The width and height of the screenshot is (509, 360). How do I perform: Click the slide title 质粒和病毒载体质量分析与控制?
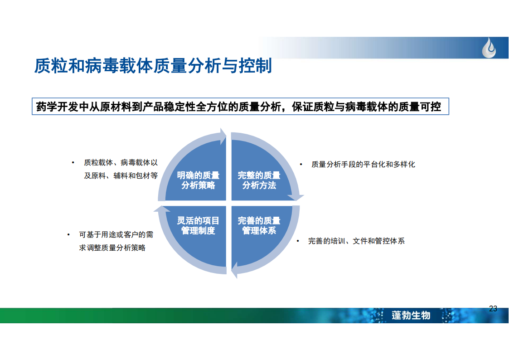click(x=153, y=66)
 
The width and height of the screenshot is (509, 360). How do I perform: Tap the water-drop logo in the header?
click(x=489, y=48)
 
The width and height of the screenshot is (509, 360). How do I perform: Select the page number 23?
click(x=493, y=309)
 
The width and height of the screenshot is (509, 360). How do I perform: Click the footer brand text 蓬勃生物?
click(x=411, y=315)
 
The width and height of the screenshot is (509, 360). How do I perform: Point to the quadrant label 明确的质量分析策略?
click(x=198, y=180)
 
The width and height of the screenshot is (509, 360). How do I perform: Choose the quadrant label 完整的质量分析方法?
click(x=259, y=180)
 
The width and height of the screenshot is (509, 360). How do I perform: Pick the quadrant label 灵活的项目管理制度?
click(x=198, y=226)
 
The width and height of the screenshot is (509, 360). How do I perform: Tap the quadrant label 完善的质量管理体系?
click(x=259, y=226)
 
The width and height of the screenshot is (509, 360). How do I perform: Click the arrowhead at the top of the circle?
click(x=223, y=136)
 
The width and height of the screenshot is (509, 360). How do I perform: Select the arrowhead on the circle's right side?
click(x=296, y=197)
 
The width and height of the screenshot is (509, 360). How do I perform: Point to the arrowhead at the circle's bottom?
click(x=234, y=270)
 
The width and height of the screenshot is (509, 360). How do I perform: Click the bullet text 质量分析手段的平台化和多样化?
click(x=363, y=165)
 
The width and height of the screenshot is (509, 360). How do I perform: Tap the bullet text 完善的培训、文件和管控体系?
click(x=356, y=241)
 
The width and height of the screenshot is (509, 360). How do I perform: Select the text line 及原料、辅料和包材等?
click(x=121, y=175)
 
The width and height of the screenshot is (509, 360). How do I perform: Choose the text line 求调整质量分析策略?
click(x=112, y=248)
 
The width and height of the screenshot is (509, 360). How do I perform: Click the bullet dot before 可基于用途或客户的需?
click(x=68, y=234)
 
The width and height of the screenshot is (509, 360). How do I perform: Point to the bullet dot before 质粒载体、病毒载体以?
click(x=73, y=162)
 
